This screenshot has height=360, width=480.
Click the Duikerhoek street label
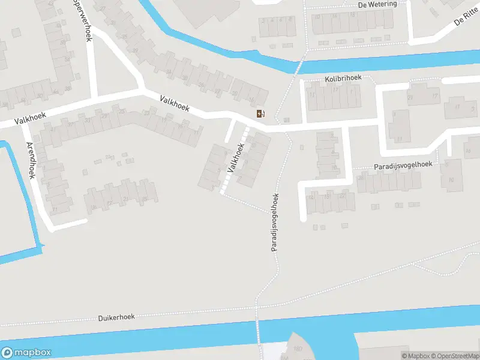pyautogui.click(x=116, y=317)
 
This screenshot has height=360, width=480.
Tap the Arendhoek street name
pyautogui.click(x=31, y=160)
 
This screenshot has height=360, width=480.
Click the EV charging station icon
pyautogui.click(x=260, y=114)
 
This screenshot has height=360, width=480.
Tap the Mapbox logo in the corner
pyautogui.click(x=26, y=353)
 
